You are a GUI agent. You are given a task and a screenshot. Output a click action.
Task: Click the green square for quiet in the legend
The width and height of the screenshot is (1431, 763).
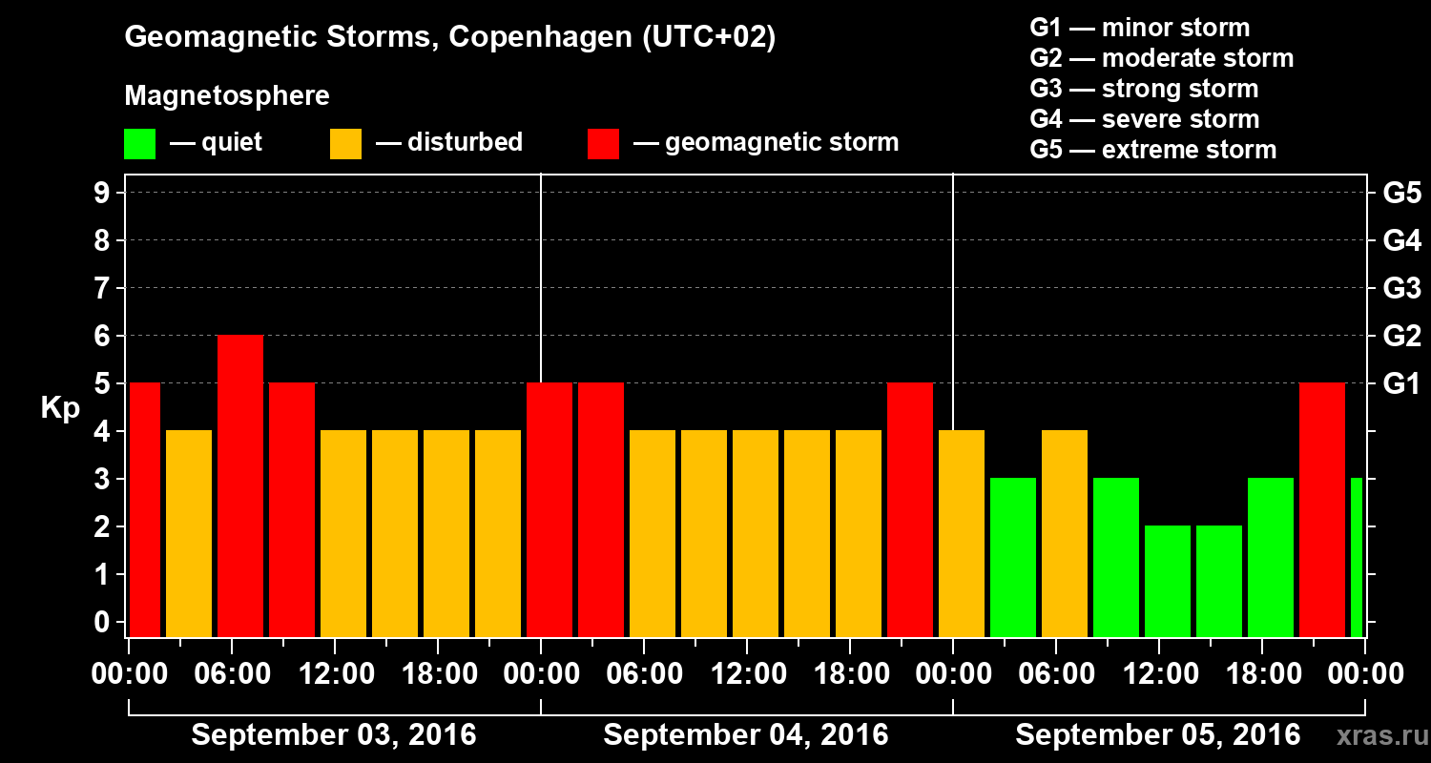tap(139, 144)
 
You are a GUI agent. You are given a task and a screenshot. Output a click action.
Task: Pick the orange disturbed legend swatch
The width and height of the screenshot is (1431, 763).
tap(345, 144)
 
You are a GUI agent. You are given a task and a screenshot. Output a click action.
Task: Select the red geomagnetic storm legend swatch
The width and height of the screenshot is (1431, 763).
tap(603, 144)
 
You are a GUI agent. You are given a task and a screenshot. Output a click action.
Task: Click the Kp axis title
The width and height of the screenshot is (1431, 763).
tap(60, 408)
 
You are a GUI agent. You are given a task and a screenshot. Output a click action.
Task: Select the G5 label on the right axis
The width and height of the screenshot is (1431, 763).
tap(1401, 194)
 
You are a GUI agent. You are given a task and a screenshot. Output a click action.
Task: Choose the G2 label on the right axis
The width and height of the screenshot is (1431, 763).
tap(1401, 337)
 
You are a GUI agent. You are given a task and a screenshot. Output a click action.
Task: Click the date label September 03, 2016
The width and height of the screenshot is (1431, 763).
tap(334, 735)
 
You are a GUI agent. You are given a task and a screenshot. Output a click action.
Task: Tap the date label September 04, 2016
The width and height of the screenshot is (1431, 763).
tap(746, 735)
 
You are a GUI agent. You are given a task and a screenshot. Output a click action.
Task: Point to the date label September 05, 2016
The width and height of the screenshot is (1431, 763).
tap(1157, 735)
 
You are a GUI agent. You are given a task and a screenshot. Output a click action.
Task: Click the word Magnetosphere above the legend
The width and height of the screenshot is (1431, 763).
tap(227, 96)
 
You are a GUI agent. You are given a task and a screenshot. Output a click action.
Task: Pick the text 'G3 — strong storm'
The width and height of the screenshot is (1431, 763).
tap(1144, 89)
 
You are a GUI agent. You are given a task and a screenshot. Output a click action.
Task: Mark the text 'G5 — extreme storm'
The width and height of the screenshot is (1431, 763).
tap(1152, 150)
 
